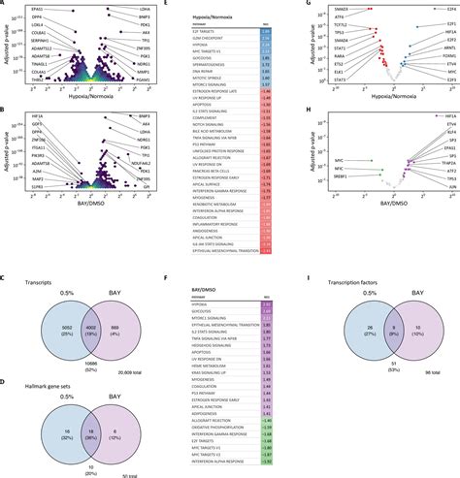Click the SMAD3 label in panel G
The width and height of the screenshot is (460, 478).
point(316,7)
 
